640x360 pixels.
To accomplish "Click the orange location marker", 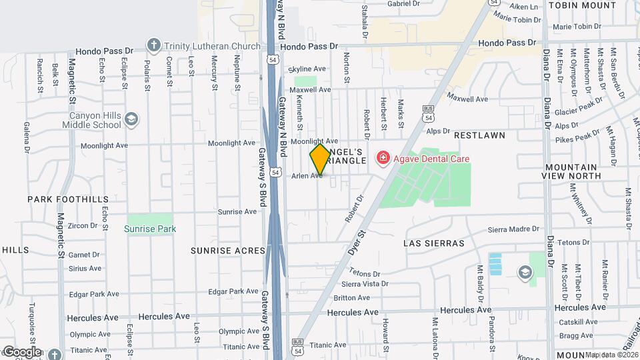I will pyautogui.click(x=320, y=160).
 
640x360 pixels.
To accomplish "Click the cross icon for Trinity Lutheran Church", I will pyautogui.click(x=154, y=45).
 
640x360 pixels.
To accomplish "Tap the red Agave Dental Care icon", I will pyautogui.click(x=383, y=159).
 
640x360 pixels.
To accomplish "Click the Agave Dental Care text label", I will pyautogui.click(x=431, y=159).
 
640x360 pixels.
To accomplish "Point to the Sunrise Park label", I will pyautogui.click(x=150, y=229).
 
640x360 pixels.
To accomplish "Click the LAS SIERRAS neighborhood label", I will pyautogui.click(x=433, y=243).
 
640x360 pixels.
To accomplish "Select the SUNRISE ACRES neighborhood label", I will pyautogui.click(x=228, y=251).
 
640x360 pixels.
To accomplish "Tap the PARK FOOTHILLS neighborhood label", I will pyautogui.click(x=67, y=199).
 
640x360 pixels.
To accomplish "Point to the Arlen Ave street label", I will pyautogui.click(x=307, y=176).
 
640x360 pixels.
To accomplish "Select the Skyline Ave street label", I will pyautogui.click(x=307, y=69).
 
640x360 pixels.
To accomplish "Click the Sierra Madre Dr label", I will pyautogui.click(x=513, y=229).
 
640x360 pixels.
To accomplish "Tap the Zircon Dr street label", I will pyautogui.click(x=83, y=225).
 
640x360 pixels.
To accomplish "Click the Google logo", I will pyautogui.click(x=21, y=352).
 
